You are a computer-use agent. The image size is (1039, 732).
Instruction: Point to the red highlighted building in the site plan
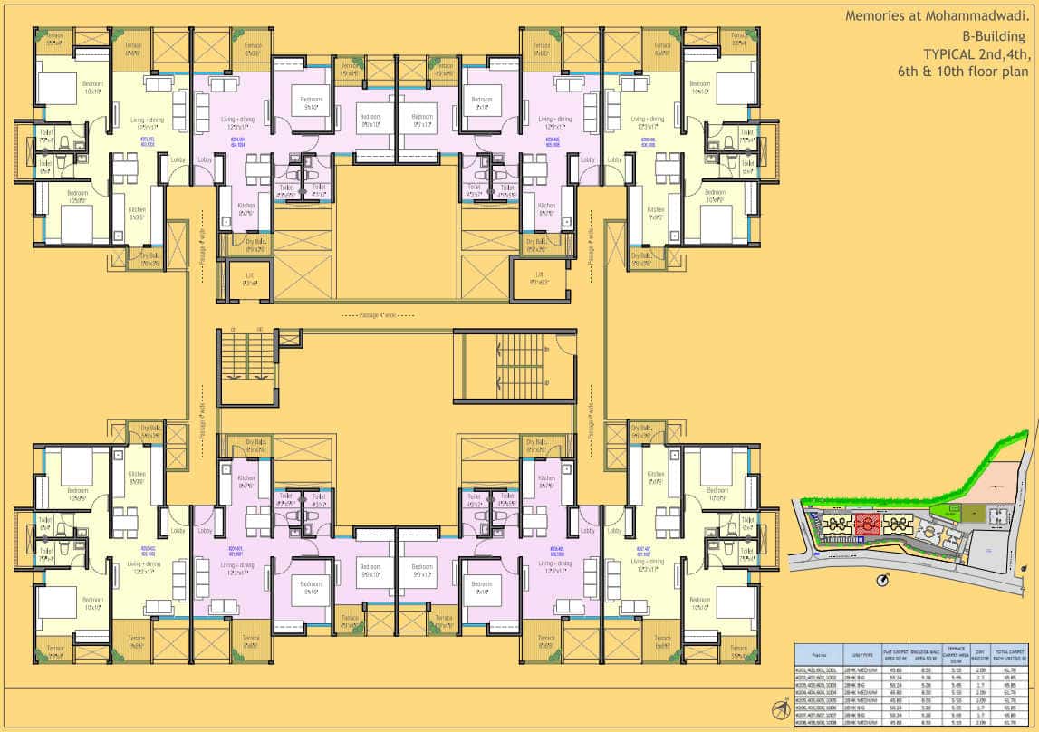pos(867,523)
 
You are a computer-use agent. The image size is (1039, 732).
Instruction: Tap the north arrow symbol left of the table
pos(778,708)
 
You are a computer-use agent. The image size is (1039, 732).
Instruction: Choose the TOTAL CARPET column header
pos(1014,652)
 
